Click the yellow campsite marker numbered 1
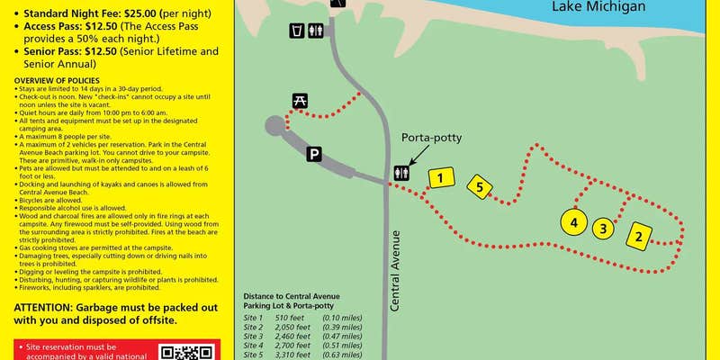[x=439, y=178]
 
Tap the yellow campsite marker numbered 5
[x=480, y=187]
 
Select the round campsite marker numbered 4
[x=572, y=220]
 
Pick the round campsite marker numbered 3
[x=603, y=228]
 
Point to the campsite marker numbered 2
[x=638, y=237]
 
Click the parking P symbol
[x=314, y=154]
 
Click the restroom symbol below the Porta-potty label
[x=401, y=172]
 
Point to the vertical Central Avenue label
[x=394, y=270]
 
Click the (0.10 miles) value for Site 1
[x=341, y=318]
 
